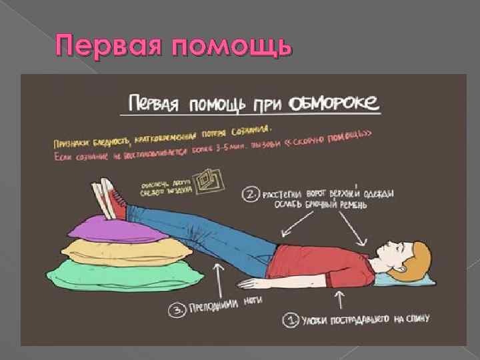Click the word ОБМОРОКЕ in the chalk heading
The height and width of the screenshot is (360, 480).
(x=335, y=103)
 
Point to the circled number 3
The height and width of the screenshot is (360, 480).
(x=179, y=308)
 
